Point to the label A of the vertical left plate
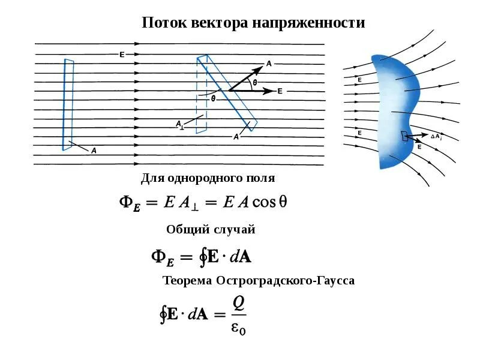point(94,151)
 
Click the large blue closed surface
point(390,108)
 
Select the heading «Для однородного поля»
point(208,178)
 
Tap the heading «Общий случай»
point(211,229)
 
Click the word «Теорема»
point(187,280)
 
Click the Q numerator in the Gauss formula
point(238,304)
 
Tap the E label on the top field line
point(122,55)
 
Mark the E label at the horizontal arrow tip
point(280,91)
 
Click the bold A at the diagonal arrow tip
point(269,63)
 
